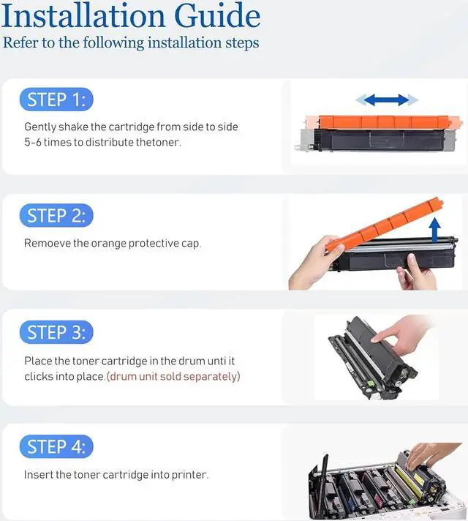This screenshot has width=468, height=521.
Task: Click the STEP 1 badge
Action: coord(56,100)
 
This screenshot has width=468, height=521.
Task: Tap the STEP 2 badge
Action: coord(56,215)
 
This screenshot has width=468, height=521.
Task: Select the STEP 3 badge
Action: coord(56,332)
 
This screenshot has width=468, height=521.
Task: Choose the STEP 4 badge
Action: coord(56,446)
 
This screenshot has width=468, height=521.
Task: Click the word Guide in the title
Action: coord(217,16)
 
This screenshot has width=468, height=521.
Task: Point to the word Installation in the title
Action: coord(83,16)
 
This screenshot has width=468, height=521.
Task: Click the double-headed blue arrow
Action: coord(387,100)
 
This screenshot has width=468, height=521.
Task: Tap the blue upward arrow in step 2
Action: coord(435,230)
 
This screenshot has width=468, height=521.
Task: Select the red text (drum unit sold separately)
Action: coord(173,376)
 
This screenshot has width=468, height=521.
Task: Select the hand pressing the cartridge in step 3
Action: coord(400,334)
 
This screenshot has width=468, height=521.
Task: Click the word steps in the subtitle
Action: coord(242,43)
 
